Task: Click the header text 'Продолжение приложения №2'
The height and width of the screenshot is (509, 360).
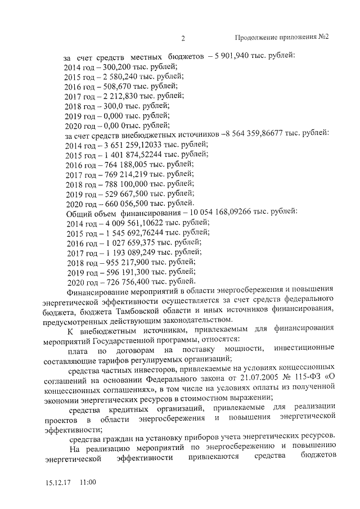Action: click(x=281, y=38)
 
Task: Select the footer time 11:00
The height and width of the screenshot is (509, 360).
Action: click(x=88, y=483)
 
